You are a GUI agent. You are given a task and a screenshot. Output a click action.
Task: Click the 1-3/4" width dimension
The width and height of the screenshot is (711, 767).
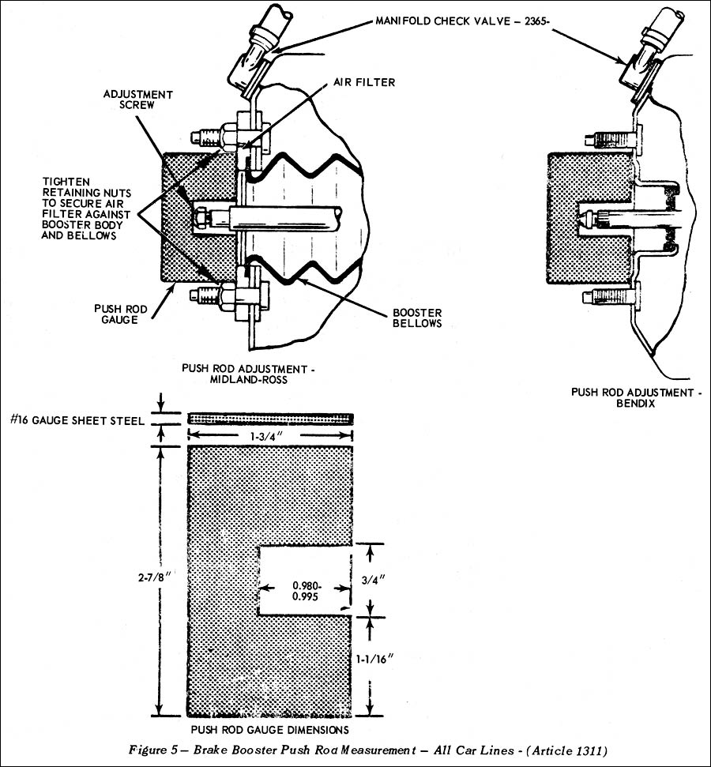pyautogui.click(x=270, y=434)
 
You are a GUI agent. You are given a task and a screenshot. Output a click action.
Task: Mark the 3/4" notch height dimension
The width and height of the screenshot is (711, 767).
pyautogui.click(x=389, y=579)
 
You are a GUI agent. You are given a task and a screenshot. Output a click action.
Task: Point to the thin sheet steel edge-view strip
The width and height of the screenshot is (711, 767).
pyautogui.click(x=270, y=419)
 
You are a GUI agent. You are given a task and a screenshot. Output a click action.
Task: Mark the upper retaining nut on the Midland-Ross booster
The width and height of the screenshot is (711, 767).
pyautogui.click(x=230, y=136)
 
